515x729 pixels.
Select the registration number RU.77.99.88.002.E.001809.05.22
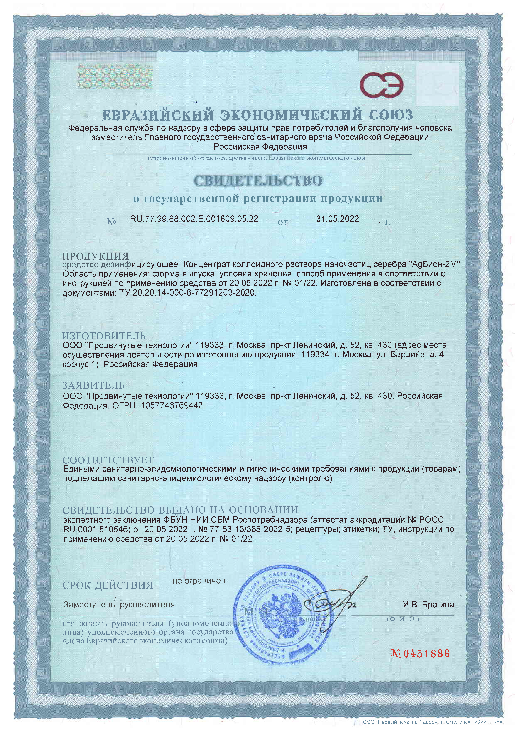[194, 219]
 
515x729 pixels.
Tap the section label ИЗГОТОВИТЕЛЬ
[104, 336]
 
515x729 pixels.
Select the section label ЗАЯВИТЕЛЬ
[94, 385]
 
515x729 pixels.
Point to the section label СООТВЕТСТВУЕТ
[108, 460]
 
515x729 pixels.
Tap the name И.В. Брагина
[428, 605]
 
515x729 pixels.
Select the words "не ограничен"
[199, 581]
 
